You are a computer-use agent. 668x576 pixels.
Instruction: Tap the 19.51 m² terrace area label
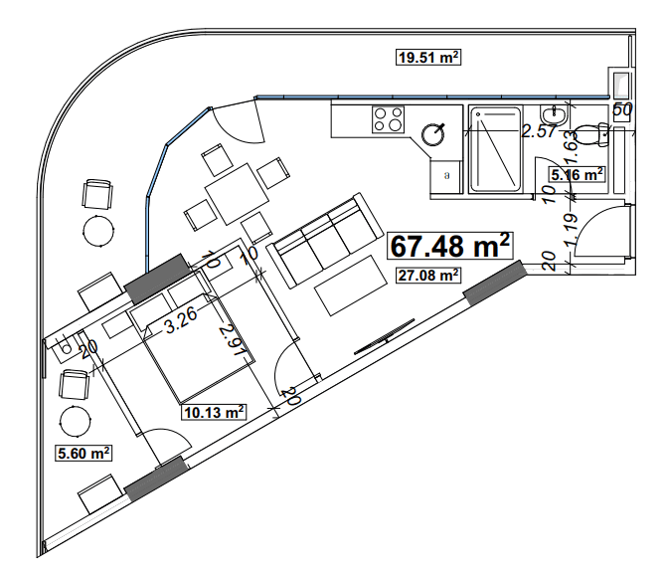(427, 58)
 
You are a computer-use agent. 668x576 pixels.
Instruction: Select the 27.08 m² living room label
(427, 276)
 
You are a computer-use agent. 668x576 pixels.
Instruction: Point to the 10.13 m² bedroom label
(213, 411)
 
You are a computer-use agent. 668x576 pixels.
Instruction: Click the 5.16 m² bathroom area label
(578, 175)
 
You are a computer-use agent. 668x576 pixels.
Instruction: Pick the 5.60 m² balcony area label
(81, 453)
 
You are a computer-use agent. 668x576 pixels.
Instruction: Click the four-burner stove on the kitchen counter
(387, 119)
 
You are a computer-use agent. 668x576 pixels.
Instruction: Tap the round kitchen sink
(434, 133)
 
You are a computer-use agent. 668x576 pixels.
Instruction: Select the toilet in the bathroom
(595, 130)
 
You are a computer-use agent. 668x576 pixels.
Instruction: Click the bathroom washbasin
(554, 118)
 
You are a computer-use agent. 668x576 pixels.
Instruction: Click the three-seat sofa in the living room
(320, 240)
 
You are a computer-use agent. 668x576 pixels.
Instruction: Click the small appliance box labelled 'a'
(446, 175)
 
